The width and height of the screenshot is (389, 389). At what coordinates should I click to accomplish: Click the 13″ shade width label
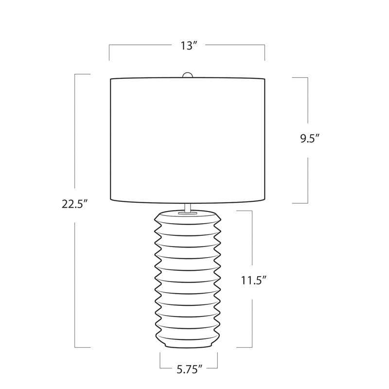(x=189, y=46)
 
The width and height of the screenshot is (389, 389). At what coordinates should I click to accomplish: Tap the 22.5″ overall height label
(x=75, y=204)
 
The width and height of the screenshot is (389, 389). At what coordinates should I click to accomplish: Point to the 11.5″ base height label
(x=254, y=281)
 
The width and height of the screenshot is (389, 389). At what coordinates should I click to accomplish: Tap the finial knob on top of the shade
(x=187, y=75)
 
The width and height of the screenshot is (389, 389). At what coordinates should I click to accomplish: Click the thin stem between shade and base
(x=188, y=208)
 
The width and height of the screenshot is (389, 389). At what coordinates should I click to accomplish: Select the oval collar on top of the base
(x=188, y=213)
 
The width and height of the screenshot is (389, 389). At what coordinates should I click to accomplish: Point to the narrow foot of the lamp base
(x=188, y=345)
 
